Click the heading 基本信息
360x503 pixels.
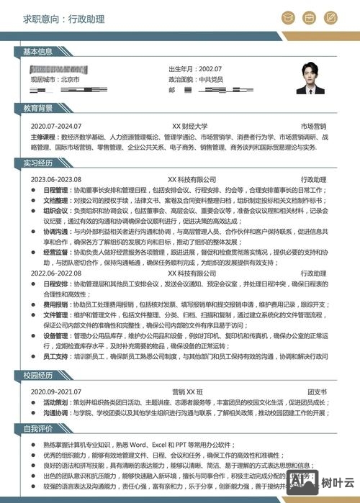pyautogui.click(x=37, y=52)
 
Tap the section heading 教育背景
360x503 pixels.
pyautogui.click(x=37, y=108)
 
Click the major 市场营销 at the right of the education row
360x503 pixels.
pyautogui.click(x=313, y=125)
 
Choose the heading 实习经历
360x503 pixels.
pyautogui.click(x=37, y=163)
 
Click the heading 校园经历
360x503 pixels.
pyautogui.click(x=37, y=375)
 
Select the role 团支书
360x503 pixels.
pyautogui.click(x=317, y=391)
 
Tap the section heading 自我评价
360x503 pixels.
pyautogui.click(x=37, y=428)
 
